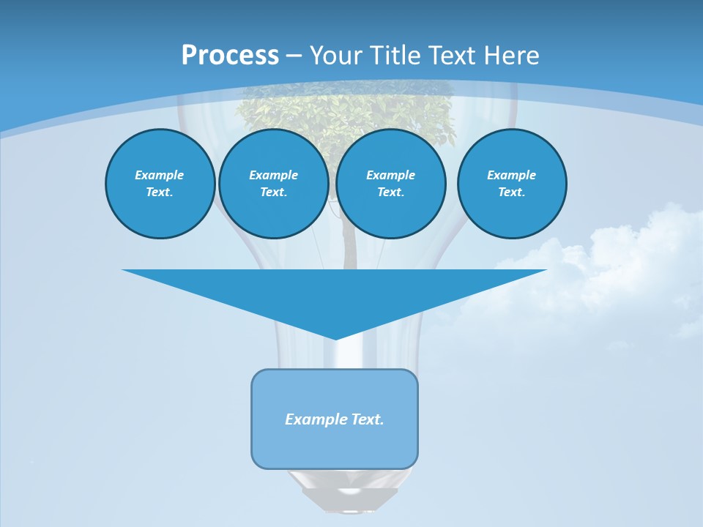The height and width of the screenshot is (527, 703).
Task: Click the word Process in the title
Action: (x=230, y=56)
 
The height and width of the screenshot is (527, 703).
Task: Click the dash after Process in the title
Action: (x=294, y=56)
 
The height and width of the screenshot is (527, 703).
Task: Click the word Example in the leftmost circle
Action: (x=160, y=175)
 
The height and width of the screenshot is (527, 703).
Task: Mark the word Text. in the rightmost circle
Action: (x=511, y=192)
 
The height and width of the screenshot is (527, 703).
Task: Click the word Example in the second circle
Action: (x=273, y=175)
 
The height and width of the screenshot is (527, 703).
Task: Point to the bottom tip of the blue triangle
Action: (x=335, y=337)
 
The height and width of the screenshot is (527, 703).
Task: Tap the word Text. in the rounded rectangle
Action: (x=368, y=419)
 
